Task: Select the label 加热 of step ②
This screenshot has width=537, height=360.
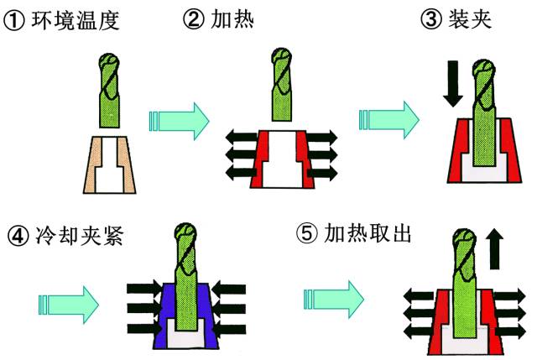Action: pos(237,19)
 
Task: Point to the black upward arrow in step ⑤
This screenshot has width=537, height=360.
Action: pos(495,251)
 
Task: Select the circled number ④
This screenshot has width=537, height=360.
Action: pos(17,236)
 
